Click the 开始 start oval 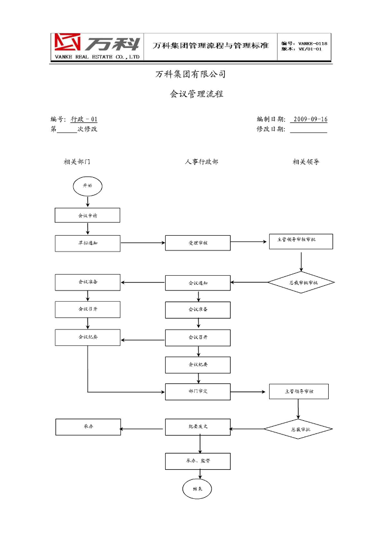[87, 186]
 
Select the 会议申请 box [88, 215]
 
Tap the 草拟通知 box [88, 243]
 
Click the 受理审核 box [198, 243]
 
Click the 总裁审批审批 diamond [301, 283]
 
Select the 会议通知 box [198, 283]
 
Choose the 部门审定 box [198, 392]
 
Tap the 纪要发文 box [198, 427]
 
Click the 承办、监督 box [198, 461]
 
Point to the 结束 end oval [197, 489]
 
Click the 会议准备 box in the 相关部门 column [88, 282]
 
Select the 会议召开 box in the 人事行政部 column [198, 337]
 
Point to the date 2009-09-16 [310, 119]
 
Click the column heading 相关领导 [306, 162]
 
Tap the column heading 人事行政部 [201, 162]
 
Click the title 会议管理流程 [196, 94]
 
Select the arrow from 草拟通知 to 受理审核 [142, 243]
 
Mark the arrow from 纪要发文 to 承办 [142, 428]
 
